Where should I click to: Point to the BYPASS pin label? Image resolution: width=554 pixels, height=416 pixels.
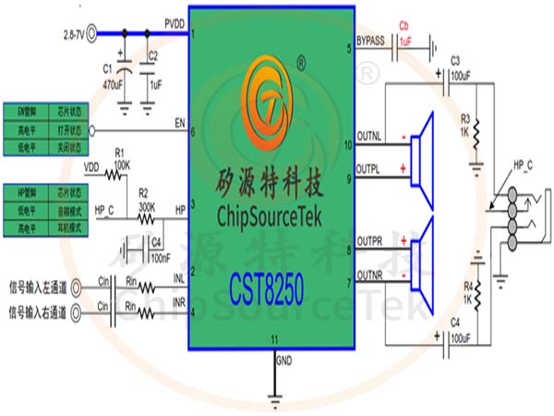(371, 41)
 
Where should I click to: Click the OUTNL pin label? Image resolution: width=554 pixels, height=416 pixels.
(369, 137)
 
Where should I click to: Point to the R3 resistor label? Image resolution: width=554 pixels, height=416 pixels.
(465, 118)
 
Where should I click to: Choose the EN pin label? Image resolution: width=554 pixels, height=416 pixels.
(180, 121)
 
